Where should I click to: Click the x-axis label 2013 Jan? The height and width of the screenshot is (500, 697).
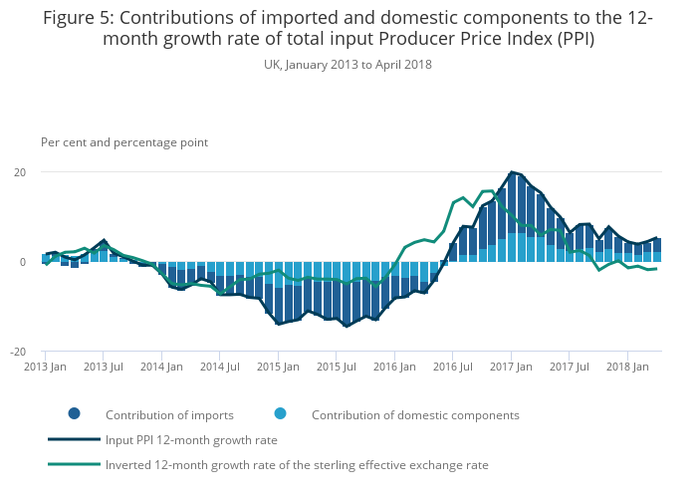(x=45, y=367)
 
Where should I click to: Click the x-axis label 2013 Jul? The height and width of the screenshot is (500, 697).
(x=103, y=367)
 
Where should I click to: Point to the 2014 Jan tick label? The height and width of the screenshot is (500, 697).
(x=161, y=367)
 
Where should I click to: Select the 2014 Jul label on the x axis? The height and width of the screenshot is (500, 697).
(x=219, y=367)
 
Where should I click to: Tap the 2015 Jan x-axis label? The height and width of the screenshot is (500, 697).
(x=278, y=367)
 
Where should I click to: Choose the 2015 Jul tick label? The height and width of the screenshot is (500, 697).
(x=336, y=367)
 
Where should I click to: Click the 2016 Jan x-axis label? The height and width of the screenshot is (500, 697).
(x=394, y=367)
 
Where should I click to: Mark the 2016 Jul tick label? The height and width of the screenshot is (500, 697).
(x=452, y=367)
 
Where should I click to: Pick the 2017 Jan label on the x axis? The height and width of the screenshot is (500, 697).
(x=511, y=367)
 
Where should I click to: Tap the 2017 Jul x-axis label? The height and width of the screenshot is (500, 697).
(x=569, y=367)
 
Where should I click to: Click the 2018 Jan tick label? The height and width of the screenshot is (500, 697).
(x=627, y=367)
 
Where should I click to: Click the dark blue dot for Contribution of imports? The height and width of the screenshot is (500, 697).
(x=74, y=414)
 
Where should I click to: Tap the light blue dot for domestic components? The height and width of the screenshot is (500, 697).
(x=280, y=414)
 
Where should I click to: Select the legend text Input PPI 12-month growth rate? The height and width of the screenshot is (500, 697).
(x=191, y=439)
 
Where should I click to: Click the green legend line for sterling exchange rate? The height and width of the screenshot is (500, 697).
(x=74, y=464)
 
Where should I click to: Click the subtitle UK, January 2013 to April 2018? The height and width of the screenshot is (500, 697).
(x=348, y=65)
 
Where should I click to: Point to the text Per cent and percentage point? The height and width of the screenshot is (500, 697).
(x=124, y=142)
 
